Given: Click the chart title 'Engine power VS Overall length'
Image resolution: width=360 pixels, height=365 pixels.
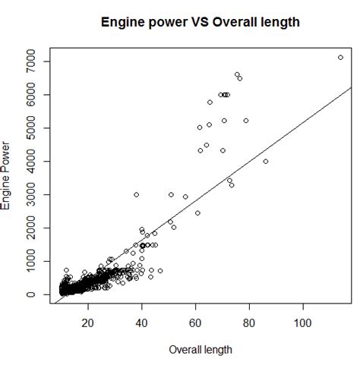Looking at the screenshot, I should pos(201,23).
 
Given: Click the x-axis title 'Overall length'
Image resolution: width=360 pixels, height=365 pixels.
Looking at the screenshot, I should pos(201,350).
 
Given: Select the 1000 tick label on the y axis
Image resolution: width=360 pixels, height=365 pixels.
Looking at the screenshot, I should pos(34,261).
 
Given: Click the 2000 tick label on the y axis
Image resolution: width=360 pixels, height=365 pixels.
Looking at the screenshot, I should pos(34,228).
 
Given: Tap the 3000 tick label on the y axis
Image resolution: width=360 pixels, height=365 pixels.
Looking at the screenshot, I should pos(34,194).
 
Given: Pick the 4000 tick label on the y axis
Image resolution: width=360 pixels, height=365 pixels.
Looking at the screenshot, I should pos(34,161).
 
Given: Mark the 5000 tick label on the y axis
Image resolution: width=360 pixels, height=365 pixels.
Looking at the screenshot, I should pos(34,127).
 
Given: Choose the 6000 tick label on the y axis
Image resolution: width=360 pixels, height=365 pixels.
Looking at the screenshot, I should pos(34,94).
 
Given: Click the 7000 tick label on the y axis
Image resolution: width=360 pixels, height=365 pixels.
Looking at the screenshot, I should pos(34,61).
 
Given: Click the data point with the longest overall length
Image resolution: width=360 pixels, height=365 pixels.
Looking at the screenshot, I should pos(340,58).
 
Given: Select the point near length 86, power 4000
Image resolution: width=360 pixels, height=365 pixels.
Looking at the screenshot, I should pos(266,161).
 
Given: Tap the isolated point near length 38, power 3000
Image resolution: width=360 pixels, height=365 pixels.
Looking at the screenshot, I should pos(137,194).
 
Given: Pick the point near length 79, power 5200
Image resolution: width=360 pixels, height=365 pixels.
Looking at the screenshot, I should pos(246,121).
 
